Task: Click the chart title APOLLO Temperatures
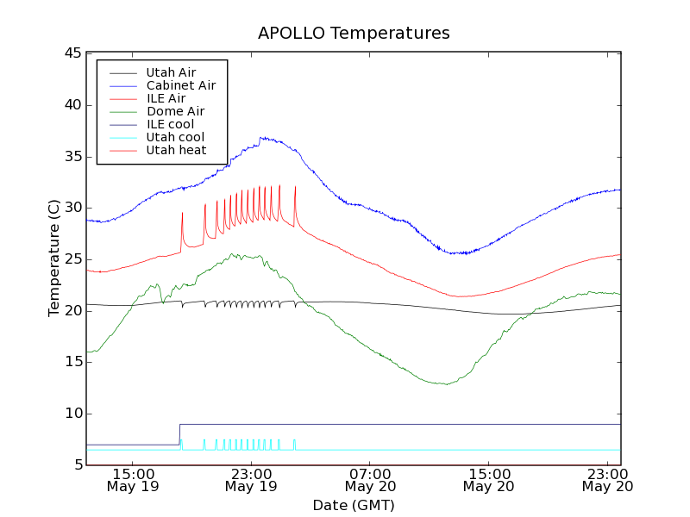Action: [354, 34]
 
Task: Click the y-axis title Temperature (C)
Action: [54, 258]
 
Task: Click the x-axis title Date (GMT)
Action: [354, 505]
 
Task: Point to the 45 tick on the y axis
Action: [72, 53]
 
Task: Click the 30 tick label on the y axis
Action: [72, 208]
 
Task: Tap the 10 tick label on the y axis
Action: [72, 414]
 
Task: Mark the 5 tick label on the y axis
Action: [77, 465]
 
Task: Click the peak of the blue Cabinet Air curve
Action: [262, 137]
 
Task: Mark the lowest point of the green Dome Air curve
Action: [446, 384]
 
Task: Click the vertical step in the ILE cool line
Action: [179, 434]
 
